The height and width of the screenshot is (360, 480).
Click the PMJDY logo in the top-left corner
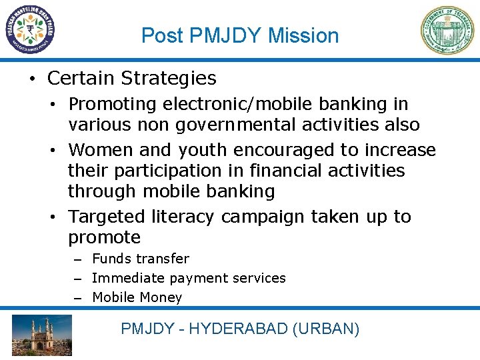[29, 29]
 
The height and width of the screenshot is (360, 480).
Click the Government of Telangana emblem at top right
[447, 29]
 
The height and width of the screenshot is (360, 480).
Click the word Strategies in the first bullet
[169, 79]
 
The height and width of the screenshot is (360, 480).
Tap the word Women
[100, 151]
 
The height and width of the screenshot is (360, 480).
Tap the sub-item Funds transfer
[140, 259]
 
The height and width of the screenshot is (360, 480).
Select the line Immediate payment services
[189, 278]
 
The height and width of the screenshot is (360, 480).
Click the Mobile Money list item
[137, 297]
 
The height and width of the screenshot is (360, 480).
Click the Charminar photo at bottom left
[42, 335]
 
